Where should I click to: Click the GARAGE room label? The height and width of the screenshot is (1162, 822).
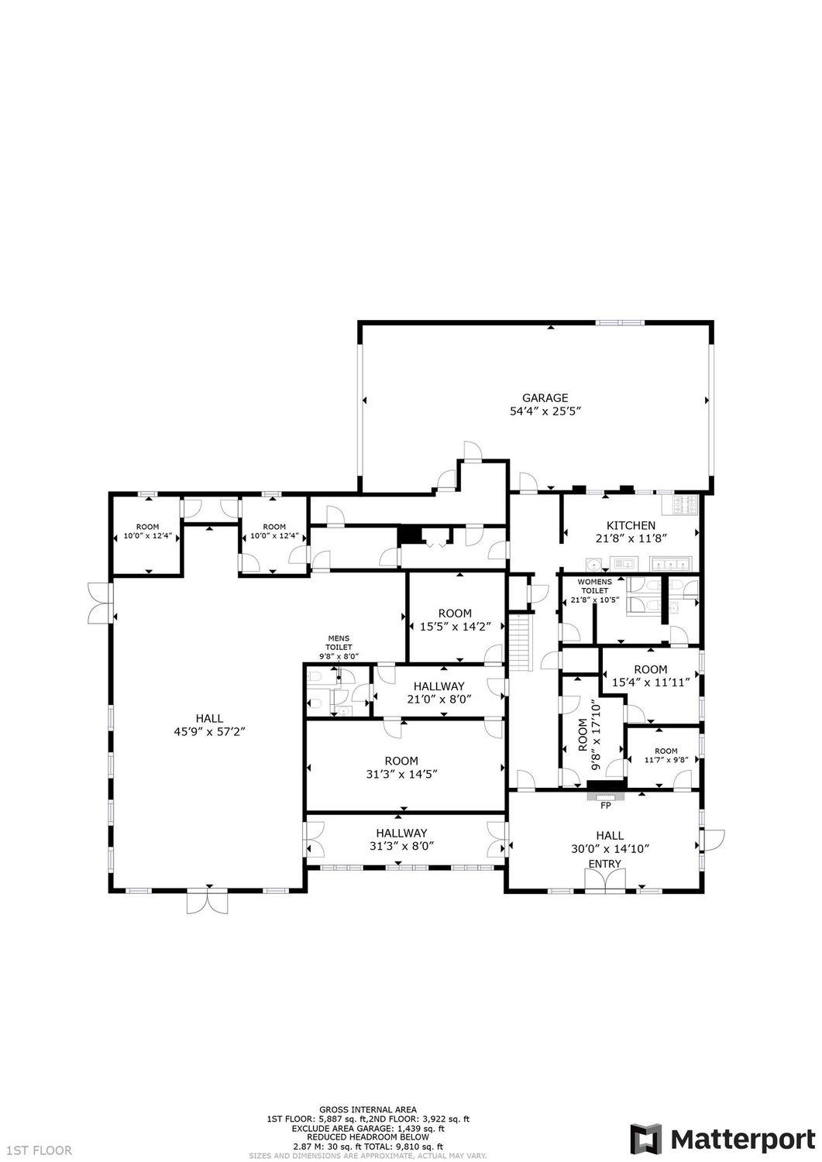[545, 398]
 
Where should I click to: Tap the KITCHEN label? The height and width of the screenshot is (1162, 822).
[631, 525]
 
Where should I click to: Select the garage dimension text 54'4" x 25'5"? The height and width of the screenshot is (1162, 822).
[545, 411]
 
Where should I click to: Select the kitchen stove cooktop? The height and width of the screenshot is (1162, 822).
[686, 505]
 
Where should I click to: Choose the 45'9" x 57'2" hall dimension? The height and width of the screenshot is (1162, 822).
[210, 732]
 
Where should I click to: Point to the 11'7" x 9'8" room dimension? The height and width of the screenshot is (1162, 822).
[666, 760]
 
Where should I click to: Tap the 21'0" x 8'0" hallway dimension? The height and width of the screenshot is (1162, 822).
[439, 699]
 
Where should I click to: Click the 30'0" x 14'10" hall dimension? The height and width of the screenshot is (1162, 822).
[610, 849]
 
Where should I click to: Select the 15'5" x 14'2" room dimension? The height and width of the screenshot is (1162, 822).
[455, 627]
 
